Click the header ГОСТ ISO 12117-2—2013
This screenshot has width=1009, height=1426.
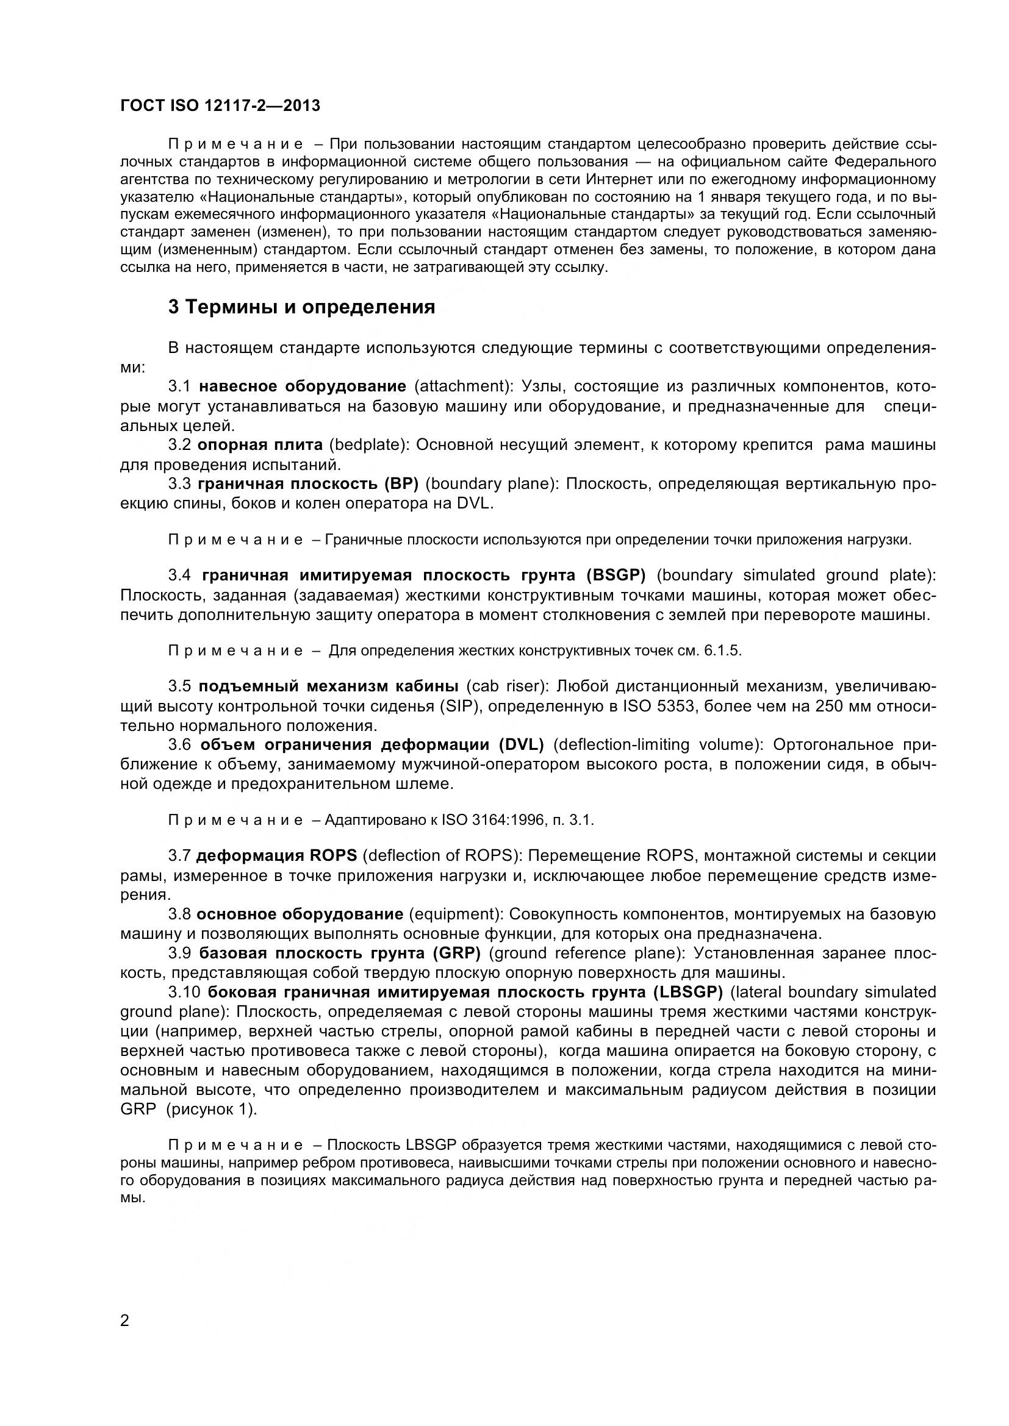[x=220, y=105]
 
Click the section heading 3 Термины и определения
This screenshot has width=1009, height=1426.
[x=301, y=307]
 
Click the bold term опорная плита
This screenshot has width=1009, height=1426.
[x=260, y=444]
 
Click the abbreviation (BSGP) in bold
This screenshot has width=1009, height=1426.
[x=616, y=575]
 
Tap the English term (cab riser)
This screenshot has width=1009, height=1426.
[x=506, y=686]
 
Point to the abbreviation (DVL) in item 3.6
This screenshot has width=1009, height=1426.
[x=521, y=744]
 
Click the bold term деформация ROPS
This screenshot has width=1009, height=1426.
[x=276, y=856]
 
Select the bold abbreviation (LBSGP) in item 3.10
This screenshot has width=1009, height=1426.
[x=688, y=992]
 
